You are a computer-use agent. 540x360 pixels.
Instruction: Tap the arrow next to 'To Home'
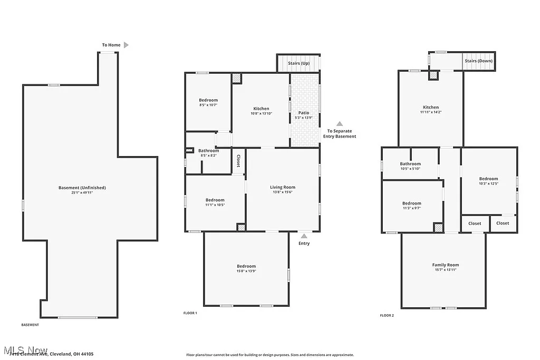coord(126,45)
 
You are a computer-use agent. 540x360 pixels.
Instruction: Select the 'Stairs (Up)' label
coord(298,63)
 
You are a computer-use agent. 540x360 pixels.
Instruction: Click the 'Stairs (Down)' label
coord(478,61)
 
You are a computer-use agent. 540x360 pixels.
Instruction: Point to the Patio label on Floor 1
coord(304,113)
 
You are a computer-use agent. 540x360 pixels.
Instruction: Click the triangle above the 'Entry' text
coord(304,236)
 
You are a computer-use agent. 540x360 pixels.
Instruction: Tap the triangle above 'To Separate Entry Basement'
coord(340,123)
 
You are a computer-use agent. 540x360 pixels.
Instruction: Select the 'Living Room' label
coord(283,187)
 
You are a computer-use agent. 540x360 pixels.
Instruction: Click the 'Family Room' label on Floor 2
coord(446,265)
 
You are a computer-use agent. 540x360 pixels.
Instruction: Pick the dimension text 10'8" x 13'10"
coord(261,114)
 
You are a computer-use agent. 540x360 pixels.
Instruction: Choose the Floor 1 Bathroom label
coord(209,151)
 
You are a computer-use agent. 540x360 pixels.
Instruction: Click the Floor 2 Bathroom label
coord(410,164)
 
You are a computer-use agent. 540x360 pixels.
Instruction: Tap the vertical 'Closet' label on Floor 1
coord(238,161)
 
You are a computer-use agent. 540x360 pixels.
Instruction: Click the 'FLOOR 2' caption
coord(387,316)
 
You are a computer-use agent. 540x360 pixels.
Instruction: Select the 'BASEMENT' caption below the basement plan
coord(30,325)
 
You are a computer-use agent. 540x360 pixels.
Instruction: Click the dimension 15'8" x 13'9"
coord(246,271)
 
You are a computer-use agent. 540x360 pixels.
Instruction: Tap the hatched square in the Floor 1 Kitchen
coord(236,78)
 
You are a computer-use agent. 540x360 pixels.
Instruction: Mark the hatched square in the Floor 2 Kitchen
coord(433,75)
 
